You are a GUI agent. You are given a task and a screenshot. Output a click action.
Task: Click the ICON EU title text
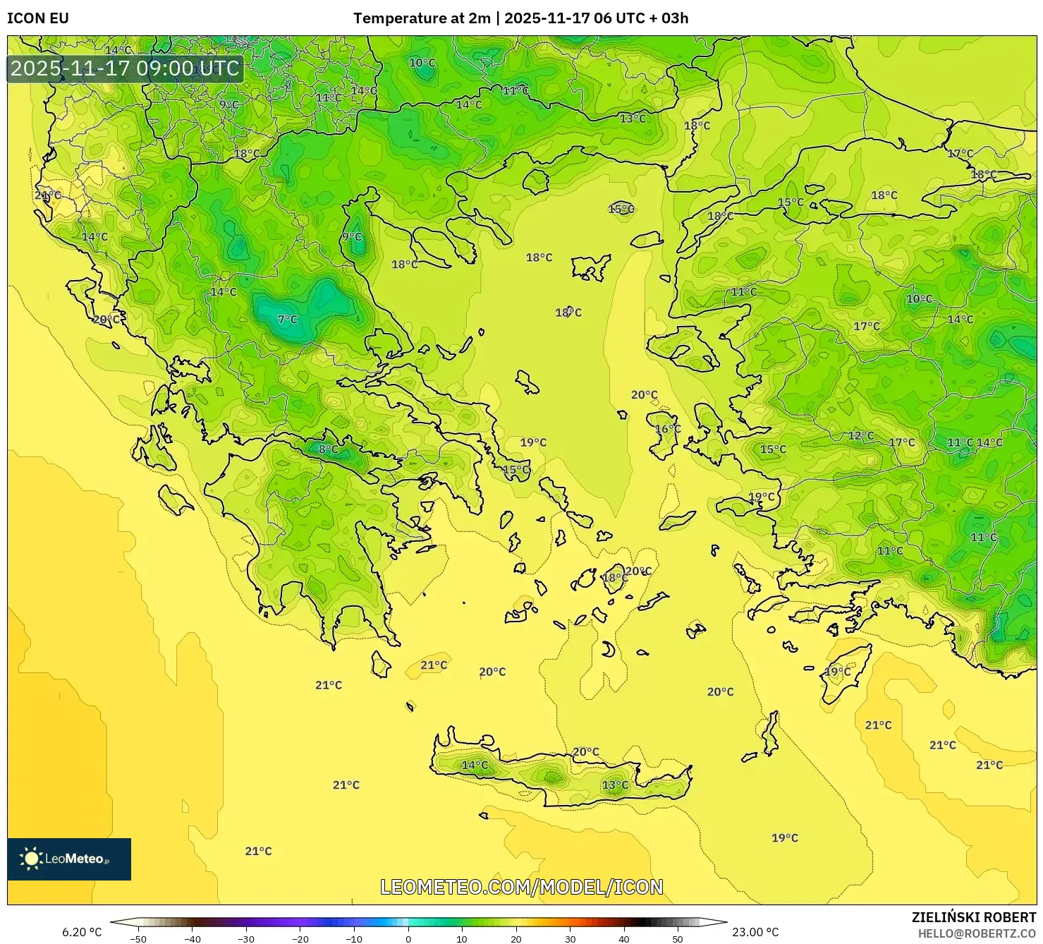pos(38,18)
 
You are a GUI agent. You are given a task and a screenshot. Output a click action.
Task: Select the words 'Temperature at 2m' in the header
pos(421,18)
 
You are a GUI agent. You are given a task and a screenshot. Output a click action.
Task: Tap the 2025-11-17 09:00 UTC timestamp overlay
pos(125,68)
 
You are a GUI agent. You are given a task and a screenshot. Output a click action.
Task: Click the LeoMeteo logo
pos(69,859)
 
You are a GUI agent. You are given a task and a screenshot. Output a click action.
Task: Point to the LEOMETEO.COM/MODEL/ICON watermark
pos(522,887)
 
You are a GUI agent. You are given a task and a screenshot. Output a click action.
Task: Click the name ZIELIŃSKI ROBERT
pos(973,917)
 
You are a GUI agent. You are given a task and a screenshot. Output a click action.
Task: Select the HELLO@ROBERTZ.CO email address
pos(977,933)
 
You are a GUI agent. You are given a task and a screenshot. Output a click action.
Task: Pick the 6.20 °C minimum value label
pos(82,932)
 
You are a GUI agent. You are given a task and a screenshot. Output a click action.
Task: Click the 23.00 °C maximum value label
pos(755,932)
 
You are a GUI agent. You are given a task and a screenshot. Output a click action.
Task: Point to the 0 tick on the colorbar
pos(408,938)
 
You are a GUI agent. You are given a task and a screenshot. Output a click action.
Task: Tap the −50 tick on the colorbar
pos(138,938)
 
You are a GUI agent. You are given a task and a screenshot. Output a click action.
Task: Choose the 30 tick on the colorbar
pos(570,938)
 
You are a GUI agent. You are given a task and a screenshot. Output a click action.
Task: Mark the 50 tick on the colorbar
pos(678,938)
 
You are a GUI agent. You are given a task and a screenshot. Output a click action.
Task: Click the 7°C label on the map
pos(288,320)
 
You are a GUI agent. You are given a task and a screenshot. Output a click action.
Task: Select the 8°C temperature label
pos(328,449)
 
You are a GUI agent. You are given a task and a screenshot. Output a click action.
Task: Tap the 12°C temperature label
pos(860,436)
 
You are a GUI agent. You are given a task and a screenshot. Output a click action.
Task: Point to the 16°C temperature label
pos(668,429)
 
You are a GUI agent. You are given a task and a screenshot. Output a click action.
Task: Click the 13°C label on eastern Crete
pos(615,785)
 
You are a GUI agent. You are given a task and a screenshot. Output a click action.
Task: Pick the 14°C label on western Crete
pos(475,765)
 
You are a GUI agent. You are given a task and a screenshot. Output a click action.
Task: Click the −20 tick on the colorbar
pos(300,938)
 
